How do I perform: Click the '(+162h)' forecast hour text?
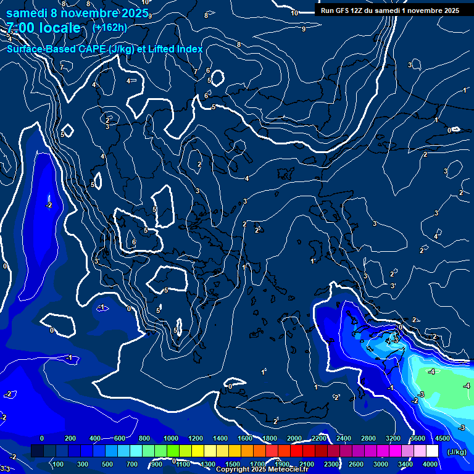(x=109, y=27)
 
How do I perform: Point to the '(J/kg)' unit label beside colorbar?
(x=456, y=452)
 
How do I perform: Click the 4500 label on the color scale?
(x=443, y=438)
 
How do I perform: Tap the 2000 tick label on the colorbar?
(x=294, y=438)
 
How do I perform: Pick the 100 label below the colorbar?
(x=58, y=464)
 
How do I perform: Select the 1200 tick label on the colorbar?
(x=196, y=438)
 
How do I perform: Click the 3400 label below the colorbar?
(x=405, y=464)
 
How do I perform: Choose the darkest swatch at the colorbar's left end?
(x=37, y=452)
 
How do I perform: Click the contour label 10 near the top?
(x=294, y=13)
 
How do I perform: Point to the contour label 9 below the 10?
(x=303, y=29)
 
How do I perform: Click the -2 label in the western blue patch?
(x=49, y=206)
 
